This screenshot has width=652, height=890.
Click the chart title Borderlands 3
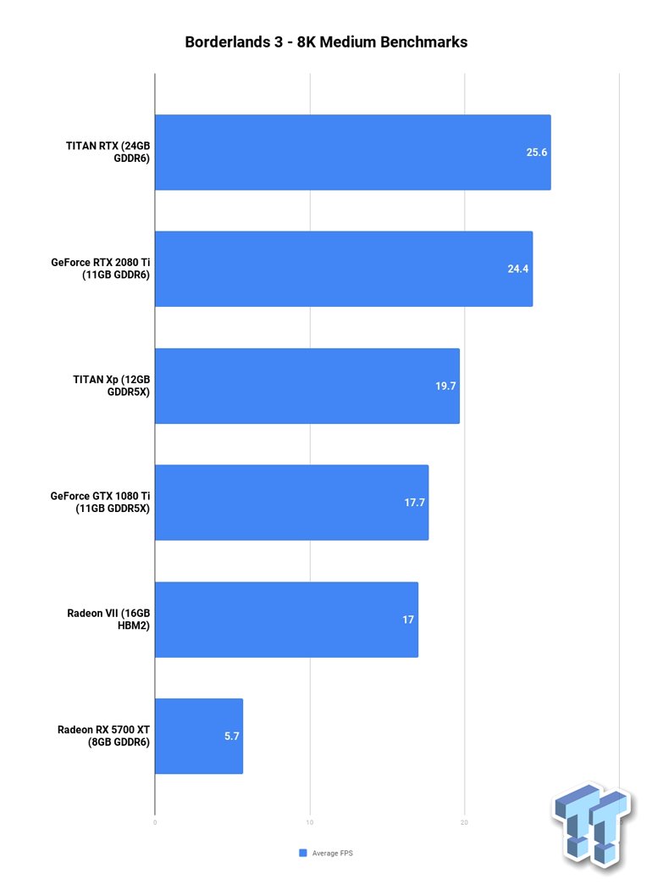pos(326,42)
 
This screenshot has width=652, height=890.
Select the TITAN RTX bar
pos(352,153)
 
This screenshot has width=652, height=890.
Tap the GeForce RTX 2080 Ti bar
pos(343,269)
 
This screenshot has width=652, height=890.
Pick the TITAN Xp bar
pos(307,386)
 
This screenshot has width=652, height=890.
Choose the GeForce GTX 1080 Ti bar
pos(291,503)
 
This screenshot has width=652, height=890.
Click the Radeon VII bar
pos(286,620)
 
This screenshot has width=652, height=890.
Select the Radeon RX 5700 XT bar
pos(198,736)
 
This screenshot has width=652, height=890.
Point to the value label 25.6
pos(537,153)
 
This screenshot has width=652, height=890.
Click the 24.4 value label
pos(518,269)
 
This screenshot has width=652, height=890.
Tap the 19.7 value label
pos(445,386)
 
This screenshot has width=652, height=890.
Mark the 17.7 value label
pos(414,503)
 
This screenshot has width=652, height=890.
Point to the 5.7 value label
pos(232,736)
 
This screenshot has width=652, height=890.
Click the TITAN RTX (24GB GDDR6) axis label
pos(108,152)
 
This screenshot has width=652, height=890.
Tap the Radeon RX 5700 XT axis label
pos(103,736)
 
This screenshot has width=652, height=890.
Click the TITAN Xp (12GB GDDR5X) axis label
pos(108,386)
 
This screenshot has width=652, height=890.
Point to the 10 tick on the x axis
pos(310,822)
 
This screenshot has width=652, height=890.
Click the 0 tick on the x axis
pos(155,822)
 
